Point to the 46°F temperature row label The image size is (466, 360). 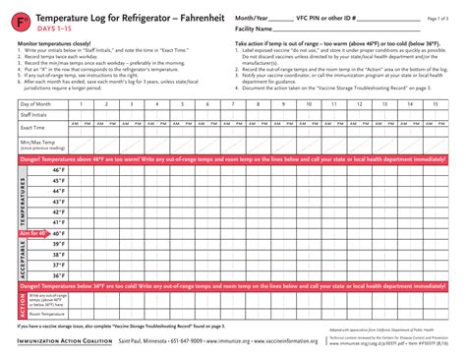58,170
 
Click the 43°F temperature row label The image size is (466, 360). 58,202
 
